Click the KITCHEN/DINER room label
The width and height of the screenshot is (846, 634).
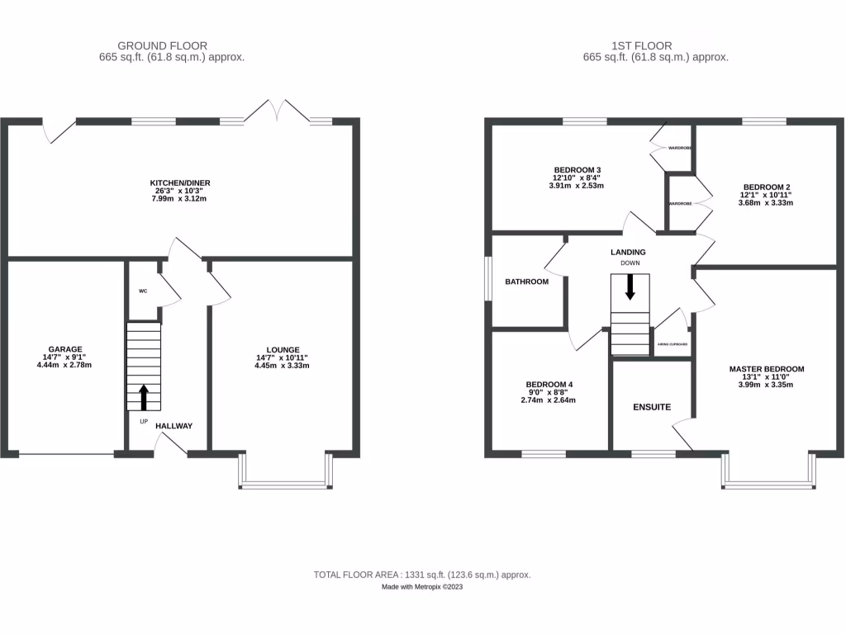[x=173, y=182]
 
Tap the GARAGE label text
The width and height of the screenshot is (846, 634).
[x=64, y=349]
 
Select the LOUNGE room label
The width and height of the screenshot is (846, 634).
[x=283, y=349]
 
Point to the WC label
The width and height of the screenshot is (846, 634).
[x=142, y=291]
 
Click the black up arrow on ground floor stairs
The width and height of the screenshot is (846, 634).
[x=143, y=397]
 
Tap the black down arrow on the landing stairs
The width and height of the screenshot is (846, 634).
[x=630, y=286]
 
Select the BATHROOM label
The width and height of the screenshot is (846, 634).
[x=526, y=282]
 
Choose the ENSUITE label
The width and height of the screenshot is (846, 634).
[x=651, y=407]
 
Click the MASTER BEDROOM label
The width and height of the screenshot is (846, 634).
[x=766, y=369]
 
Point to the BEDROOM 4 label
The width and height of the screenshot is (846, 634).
[x=549, y=385]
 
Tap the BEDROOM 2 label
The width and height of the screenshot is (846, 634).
[x=766, y=187]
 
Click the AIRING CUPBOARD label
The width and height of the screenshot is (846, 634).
[x=673, y=344]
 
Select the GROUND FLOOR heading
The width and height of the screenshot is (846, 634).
[x=162, y=45]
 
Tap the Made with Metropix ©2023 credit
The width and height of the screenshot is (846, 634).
[x=422, y=587]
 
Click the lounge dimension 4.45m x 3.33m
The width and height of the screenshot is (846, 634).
[x=283, y=366]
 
